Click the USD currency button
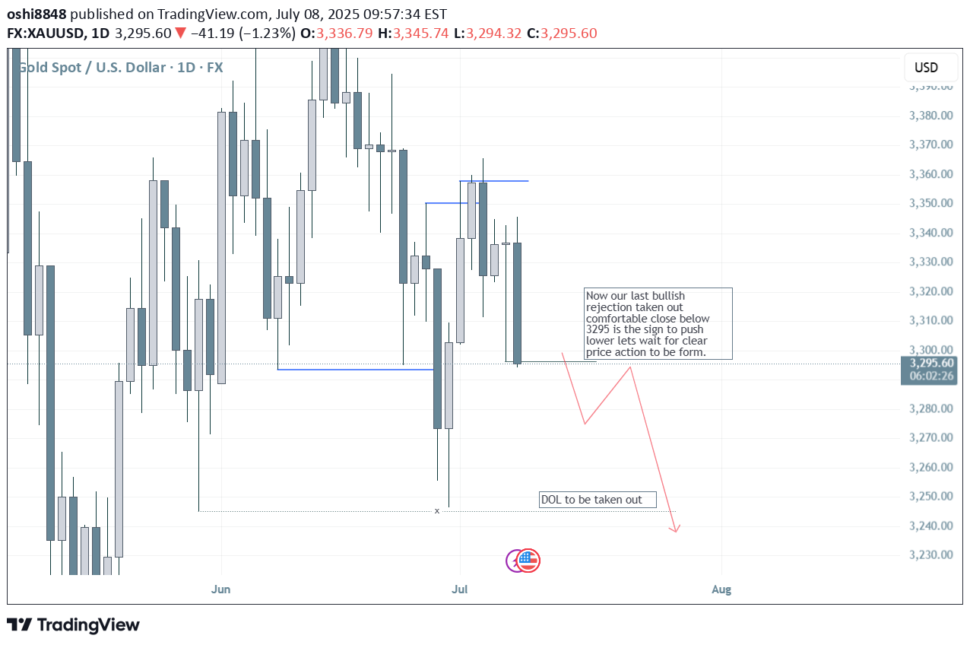[926, 68]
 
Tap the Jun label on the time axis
[221, 589]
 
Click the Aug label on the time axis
[721, 589]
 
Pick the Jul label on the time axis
[459, 589]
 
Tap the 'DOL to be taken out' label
[598, 500]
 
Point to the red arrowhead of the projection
[675, 529]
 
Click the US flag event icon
[528, 561]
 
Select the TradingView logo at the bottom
[74, 625]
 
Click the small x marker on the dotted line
[437, 510]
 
